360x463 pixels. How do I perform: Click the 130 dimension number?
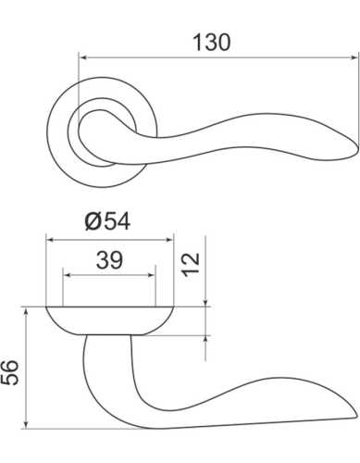pos(211,42)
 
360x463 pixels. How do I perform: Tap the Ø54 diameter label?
pos(109,222)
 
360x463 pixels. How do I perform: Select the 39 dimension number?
pos(109,262)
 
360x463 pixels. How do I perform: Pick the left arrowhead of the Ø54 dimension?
pos(51,239)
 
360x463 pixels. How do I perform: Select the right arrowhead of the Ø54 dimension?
pos(168,239)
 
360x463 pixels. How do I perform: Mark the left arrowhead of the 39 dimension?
pos(68,275)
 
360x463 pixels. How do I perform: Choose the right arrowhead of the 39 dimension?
pos(151,275)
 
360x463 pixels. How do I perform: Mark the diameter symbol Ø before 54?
pos(92,222)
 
